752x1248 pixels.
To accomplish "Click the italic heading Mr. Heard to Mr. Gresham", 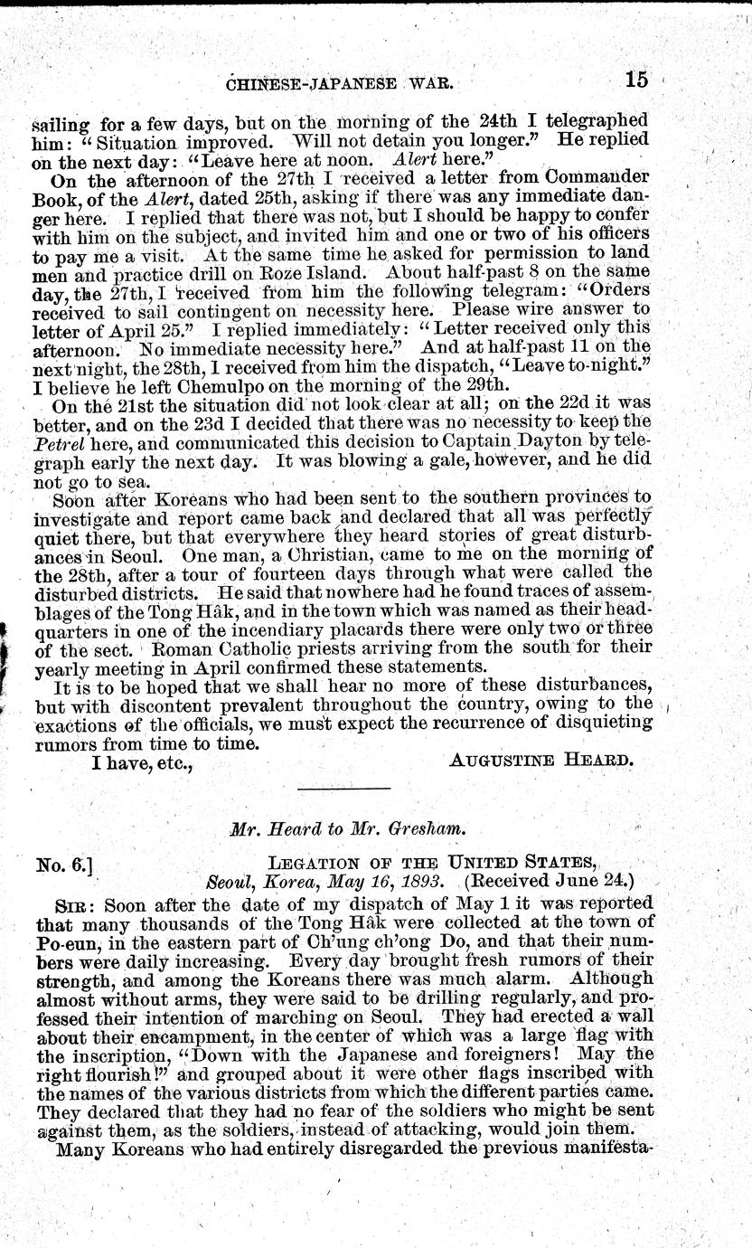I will coord(378,831).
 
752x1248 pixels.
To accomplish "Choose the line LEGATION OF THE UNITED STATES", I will coord(451,865).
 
